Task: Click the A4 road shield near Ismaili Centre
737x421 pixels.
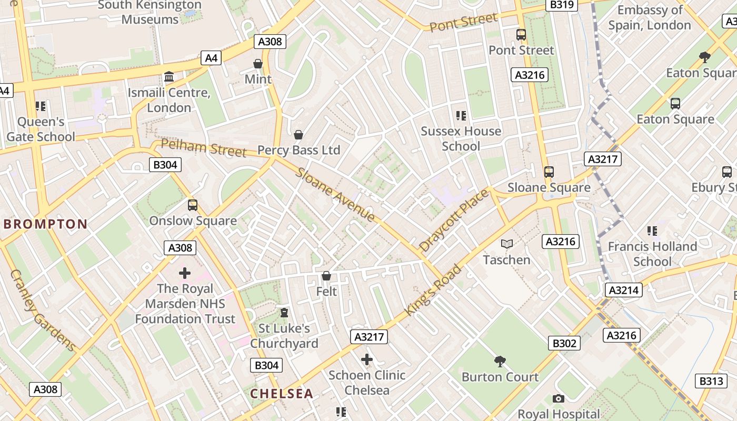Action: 211,58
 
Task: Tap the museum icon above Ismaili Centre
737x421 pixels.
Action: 169,77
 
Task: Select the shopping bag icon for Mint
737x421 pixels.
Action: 258,64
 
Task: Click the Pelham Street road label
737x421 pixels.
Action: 203,148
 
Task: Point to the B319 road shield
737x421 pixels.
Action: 562,5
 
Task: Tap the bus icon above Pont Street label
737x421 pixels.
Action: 521,35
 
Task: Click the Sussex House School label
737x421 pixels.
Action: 461,138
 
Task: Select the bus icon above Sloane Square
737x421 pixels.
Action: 549,172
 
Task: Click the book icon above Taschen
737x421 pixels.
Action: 506,244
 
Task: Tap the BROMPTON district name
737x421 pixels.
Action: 46,224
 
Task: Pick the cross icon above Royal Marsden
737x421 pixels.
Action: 185,273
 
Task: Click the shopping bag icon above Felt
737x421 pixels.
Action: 326,276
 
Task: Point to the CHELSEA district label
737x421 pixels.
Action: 282,394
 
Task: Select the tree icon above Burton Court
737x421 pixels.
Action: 500,361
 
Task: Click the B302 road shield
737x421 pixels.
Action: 564,344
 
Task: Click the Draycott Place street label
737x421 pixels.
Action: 454,220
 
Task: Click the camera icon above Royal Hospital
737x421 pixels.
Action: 559,399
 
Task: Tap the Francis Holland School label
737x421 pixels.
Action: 652,254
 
